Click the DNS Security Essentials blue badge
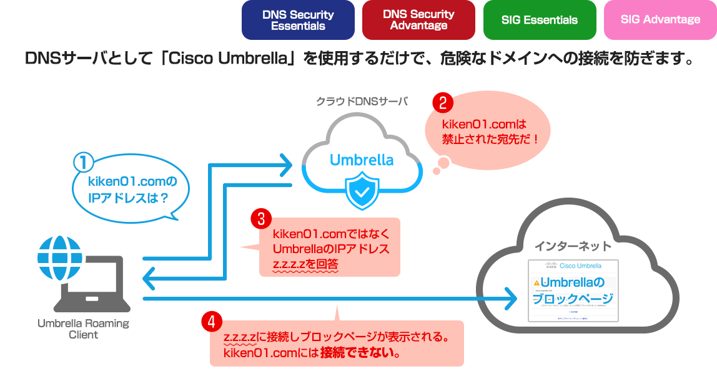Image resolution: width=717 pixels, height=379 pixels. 298,20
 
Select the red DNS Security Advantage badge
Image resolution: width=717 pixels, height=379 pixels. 418,20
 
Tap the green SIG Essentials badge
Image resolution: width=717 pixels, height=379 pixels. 540,20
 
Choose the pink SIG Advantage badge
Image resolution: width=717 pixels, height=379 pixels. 660,20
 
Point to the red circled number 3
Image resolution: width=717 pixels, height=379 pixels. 260,219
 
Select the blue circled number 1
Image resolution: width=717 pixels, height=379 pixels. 83,163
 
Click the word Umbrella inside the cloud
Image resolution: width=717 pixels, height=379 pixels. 362,160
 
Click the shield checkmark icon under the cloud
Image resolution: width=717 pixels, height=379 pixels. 361,191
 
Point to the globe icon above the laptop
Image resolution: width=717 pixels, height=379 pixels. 59,256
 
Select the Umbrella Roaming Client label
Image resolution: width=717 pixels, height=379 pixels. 83,329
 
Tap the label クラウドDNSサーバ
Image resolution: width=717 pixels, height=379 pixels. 362,101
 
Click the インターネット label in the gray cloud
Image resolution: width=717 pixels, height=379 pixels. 573,246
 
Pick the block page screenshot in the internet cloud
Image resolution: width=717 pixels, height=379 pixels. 573,290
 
